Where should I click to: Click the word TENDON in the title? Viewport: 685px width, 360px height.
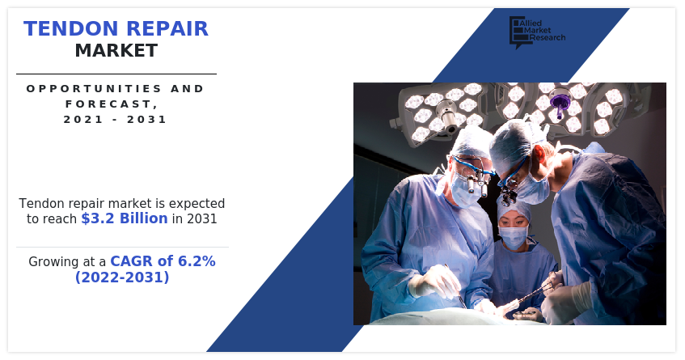point(71,29)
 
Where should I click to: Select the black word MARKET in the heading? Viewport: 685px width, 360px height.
point(116,51)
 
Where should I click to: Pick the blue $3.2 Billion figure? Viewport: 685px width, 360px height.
point(125,218)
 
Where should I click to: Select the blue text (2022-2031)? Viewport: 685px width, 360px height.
point(122,277)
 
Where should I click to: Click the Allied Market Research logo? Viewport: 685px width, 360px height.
point(537,32)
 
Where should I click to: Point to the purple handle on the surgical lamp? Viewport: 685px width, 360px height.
point(558,103)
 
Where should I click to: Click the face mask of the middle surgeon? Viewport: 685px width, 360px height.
point(514,238)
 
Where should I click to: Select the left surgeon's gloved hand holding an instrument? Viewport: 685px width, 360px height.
point(431,282)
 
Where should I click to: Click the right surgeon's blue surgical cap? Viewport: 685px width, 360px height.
point(512,144)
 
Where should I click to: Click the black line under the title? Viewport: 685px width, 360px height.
point(116,74)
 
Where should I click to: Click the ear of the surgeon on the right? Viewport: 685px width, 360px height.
point(539,155)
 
